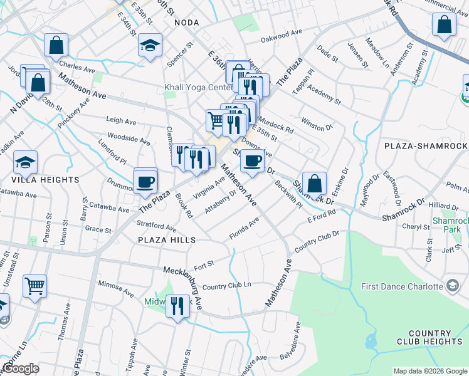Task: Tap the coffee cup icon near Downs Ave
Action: [x=252, y=161]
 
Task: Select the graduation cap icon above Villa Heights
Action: [x=25, y=162]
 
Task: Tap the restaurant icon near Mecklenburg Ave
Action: [x=177, y=306]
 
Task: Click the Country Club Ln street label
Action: [x=226, y=285]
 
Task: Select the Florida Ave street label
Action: [x=244, y=229]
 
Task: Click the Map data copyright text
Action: [x=429, y=371]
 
